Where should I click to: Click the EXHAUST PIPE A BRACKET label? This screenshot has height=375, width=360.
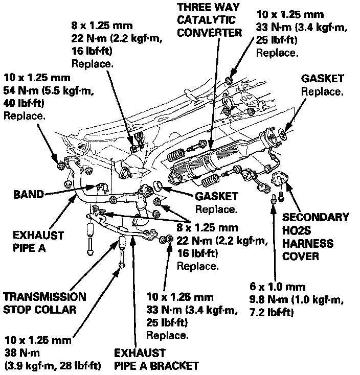point(156,359)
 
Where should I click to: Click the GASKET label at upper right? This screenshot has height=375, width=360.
point(322,79)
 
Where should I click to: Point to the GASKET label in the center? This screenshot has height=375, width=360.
point(217,197)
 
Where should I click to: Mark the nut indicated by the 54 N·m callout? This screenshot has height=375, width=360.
point(61,165)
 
